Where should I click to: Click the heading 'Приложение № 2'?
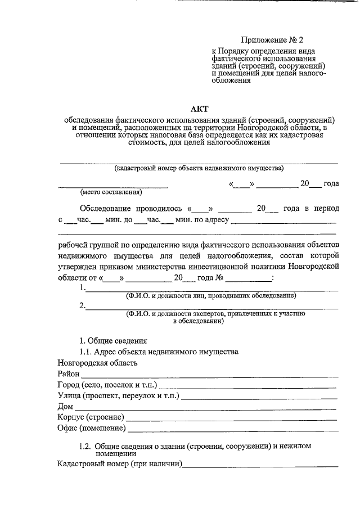[x=272, y=40]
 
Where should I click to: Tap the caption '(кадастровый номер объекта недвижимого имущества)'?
[x=199, y=168]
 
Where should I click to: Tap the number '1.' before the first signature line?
[x=83, y=288]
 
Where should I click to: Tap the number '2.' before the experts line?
[x=83, y=306]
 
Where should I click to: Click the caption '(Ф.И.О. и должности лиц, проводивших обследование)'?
[x=210, y=295]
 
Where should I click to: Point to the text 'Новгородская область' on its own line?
[x=97, y=363]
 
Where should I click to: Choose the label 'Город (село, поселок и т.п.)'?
[x=107, y=385]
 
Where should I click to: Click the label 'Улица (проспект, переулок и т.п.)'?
[x=118, y=396]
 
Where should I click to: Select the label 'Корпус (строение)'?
[x=91, y=418]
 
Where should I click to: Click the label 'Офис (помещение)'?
[x=91, y=429]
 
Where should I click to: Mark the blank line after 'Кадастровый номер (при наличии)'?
[x=262, y=466]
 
